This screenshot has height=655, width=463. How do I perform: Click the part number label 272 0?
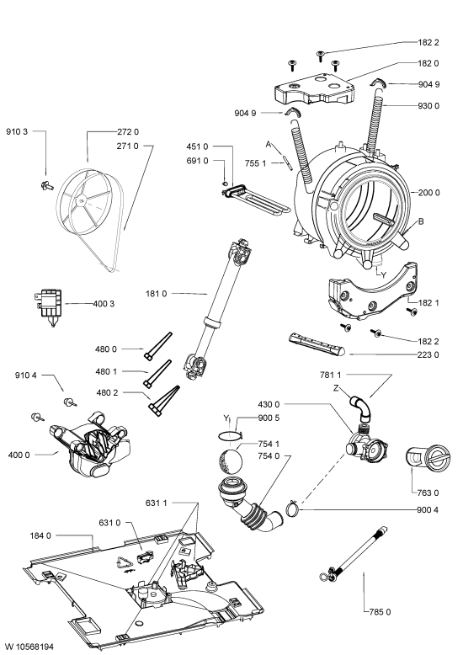[x=128, y=132]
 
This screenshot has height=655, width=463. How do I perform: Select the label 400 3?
[x=104, y=304]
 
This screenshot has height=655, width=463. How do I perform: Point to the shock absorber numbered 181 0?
[x=216, y=309]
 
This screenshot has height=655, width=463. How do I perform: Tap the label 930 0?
[x=428, y=106]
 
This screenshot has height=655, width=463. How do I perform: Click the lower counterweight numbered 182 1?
[x=371, y=292]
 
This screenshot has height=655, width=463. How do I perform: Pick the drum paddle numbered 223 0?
[x=317, y=344]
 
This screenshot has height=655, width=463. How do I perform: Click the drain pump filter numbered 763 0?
[x=428, y=460]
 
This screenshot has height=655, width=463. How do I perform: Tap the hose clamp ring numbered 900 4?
[x=293, y=509]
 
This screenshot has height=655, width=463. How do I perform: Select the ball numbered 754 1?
[x=231, y=461]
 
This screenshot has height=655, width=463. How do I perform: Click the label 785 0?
[x=380, y=612]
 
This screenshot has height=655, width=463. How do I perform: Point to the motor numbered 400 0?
[x=90, y=444]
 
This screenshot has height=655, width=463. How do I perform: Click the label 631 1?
[x=157, y=503]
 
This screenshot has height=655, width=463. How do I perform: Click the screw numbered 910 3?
[x=46, y=185]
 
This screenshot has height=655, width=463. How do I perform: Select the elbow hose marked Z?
[x=359, y=407]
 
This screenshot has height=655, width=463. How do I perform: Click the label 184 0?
[x=40, y=535]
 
